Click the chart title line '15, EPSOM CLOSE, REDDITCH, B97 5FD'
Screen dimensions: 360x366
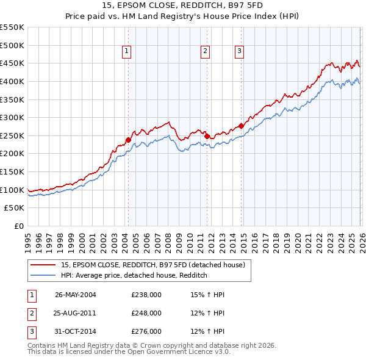pos(183,6)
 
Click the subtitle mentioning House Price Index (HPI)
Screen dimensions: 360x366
pos(183,16)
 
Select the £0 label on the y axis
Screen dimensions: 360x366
pos(18,226)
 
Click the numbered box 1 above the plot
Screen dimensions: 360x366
pos(127,52)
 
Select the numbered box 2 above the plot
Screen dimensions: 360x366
pos(205,52)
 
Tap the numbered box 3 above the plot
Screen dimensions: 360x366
pos(239,52)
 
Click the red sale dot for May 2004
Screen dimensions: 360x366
pos(128,140)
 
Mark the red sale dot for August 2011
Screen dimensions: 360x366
pos(207,136)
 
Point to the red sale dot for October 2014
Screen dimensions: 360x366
pos(241,126)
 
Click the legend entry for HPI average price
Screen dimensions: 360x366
pos(134,275)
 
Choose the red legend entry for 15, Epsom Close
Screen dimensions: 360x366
pos(152,265)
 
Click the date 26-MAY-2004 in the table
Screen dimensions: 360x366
pos(75,295)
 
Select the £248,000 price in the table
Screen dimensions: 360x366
pos(146,313)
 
